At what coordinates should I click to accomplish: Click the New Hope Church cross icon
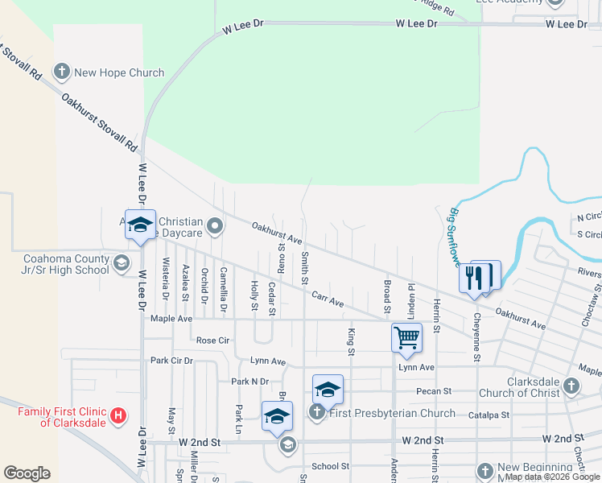coord(61,72)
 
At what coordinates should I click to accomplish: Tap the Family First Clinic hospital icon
coord(118,415)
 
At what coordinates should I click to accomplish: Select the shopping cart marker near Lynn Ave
coord(407,337)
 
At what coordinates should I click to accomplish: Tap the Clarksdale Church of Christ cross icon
coord(571,386)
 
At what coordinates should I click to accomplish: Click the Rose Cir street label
coord(213,341)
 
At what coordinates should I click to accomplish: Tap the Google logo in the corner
coord(27,473)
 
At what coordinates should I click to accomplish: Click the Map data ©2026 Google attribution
coord(552,477)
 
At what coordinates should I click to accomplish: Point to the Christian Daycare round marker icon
coord(215,226)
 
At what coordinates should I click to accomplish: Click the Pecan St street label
coord(432,391)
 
